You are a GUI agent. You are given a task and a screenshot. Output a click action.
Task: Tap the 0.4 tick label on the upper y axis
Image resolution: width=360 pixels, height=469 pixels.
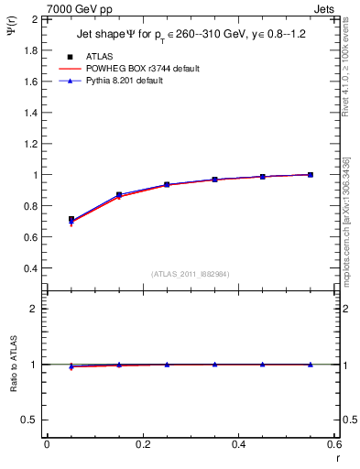(31, 268)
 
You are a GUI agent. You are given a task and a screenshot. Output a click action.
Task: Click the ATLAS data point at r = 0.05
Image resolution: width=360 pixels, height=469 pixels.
(71, 220)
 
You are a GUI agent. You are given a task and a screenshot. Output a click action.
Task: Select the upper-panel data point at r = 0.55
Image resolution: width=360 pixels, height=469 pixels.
(311, 175)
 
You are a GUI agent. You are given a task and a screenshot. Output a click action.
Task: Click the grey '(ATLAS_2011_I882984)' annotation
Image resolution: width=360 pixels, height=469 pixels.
(191, 273)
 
